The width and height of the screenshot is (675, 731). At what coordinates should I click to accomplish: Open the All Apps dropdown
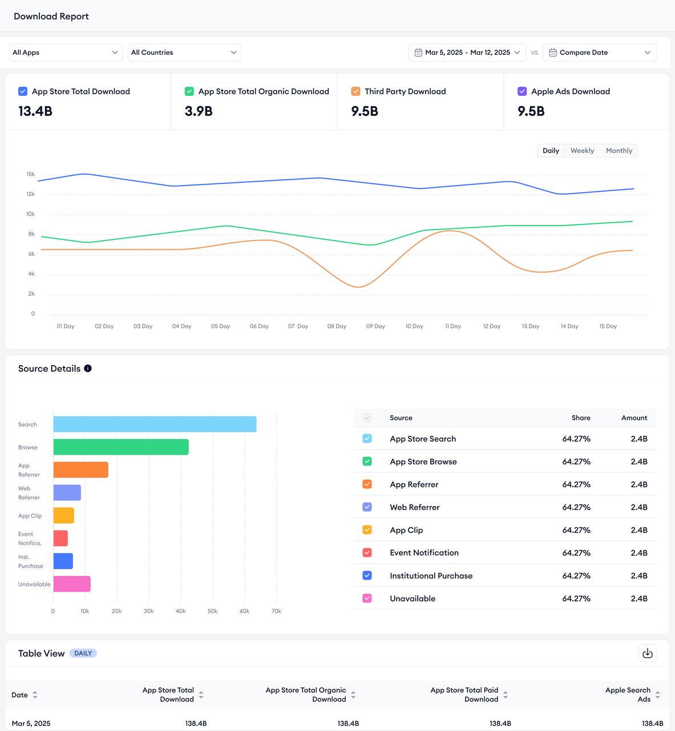[66, 53]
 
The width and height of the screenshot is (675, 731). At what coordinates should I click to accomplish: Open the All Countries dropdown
[184, 53]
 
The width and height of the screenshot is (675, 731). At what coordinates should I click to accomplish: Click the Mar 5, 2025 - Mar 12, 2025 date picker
[467, 53]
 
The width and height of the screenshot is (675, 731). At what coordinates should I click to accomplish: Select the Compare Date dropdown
[599, 53]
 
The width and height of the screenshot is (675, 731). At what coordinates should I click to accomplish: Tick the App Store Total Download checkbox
[23, 91]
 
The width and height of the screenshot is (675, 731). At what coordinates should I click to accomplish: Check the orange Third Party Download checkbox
[355, 91]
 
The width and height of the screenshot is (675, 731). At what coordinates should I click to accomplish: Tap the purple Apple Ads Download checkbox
[522, 91]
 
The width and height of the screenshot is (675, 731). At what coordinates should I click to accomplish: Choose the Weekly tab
[582, 151]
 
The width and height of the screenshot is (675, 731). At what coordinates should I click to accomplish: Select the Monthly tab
[619, 151]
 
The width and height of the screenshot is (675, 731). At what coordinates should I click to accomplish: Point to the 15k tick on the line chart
[31, 174]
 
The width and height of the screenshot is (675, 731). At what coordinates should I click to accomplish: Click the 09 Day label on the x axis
[375, 327]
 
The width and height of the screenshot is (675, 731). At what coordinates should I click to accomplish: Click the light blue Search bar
[155, 424]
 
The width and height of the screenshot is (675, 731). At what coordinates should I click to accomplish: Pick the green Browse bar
[121, 447]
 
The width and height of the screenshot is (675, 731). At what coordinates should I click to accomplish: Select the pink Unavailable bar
[72, 584]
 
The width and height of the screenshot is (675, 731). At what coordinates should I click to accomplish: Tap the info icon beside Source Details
[88, 368]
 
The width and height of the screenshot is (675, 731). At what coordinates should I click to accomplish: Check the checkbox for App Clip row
[367, 530]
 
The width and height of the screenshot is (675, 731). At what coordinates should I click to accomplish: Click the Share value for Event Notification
[576, 553]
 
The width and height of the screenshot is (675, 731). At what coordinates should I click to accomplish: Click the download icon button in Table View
[647, 653]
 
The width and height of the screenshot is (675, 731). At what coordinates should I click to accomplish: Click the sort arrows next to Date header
[35, 695]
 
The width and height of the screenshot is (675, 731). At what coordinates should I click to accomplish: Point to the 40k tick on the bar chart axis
[180, 611]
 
